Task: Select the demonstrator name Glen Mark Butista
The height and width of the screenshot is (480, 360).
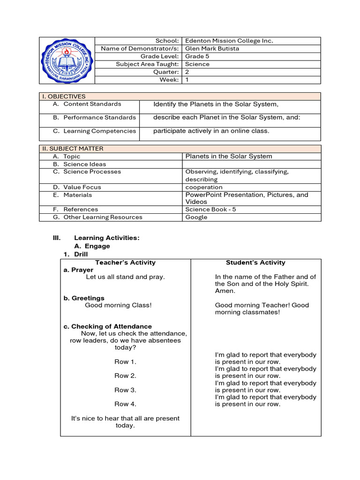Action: click(212, 48)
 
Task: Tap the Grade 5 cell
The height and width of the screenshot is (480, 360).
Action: click(197, 56)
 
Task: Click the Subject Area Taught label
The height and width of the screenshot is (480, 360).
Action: click(147, 64)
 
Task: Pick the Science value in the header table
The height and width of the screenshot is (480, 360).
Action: click(197, 64)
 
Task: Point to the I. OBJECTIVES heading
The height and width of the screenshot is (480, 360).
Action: click(64, 96)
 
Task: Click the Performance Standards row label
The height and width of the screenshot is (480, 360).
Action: click(99, 117)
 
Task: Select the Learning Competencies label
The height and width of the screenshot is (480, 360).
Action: click(99, 131)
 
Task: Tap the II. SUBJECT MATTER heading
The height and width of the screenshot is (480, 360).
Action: click(73, 149)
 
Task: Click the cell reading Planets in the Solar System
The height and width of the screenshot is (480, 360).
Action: click(229, 156)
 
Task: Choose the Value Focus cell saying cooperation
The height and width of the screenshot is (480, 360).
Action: click(204, 187)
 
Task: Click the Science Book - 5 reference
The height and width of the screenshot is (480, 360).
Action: click(210, 210)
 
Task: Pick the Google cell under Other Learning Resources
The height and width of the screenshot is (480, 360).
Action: click(196, 217)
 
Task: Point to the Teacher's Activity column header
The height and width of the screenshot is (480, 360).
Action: click(125, 262)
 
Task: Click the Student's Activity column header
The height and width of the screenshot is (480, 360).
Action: click(255, 262)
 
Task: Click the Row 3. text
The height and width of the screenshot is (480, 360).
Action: click(125, 390)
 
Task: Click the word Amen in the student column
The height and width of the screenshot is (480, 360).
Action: click(224, 291)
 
